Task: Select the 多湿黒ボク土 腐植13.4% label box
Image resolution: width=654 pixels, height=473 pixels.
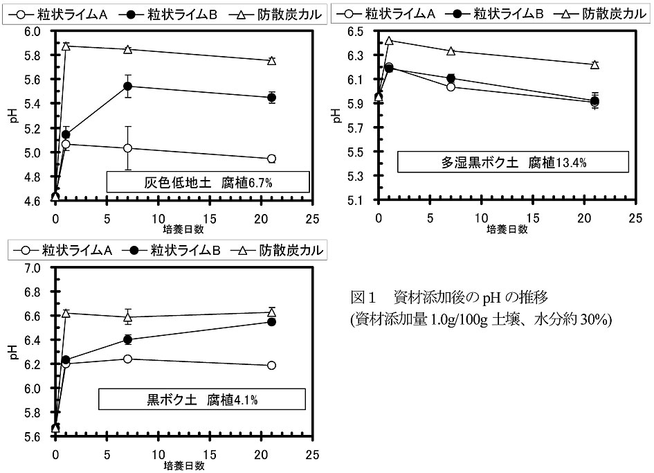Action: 513,163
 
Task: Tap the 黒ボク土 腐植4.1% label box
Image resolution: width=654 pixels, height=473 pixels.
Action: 201,399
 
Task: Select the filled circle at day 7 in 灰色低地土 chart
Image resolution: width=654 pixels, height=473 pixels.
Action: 127,86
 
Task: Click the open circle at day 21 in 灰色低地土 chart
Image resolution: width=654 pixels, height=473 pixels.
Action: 271,159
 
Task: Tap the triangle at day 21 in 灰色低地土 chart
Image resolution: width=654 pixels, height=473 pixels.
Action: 271,61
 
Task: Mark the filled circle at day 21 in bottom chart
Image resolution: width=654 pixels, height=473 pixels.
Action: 271,322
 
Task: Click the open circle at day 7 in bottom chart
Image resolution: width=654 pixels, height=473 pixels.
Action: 127,359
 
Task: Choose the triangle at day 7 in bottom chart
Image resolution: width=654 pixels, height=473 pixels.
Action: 127,317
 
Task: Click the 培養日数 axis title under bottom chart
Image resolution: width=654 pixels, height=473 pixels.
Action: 184,465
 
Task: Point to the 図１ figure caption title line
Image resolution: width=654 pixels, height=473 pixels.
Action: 450,298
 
